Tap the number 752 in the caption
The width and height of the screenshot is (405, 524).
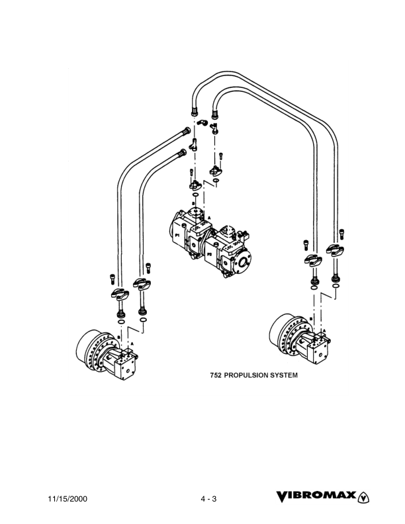point(215,375)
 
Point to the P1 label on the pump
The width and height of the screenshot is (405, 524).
point(178,235)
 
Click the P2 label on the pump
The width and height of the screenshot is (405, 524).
point(209,253)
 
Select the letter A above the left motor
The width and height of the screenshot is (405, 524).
point(132,343)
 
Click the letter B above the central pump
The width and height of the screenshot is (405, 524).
point(193,204)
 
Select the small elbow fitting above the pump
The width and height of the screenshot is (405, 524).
point(203,122)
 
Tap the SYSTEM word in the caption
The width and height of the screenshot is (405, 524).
point(282,375)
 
